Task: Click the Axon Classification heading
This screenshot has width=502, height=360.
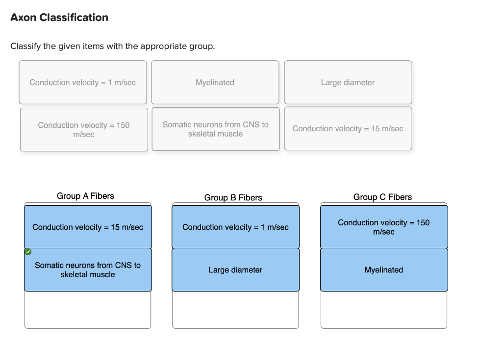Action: tap(59, 17)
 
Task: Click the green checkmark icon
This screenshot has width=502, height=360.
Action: tap(28, 252)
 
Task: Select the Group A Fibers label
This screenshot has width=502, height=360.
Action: tap(85, 196)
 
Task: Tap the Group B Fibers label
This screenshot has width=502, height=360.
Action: tap(233, 197)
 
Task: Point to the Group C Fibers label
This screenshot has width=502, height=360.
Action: tap(382, 197)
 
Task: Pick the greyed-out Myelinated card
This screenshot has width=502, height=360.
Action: tap(215, 82)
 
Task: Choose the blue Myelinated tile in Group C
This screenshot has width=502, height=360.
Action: tap(384, 270)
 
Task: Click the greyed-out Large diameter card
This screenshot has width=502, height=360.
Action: tap(348, 82)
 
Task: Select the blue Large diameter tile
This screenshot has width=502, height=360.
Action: tap(236, 270)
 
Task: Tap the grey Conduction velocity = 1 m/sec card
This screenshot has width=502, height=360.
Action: tap(83, 82)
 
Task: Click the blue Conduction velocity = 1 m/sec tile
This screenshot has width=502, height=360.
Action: tap(236, 227)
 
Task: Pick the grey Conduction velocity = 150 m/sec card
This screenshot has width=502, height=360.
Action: tap(84, 129)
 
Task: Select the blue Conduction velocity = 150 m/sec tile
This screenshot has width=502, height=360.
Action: tap(384, 227)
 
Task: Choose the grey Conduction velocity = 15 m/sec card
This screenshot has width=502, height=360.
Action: tap(348, 128)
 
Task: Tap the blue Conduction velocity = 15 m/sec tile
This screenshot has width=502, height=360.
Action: tap(88, 227)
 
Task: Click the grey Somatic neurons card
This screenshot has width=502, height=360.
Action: tap(216, 129)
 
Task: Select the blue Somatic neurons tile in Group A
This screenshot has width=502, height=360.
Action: tap(88, 270)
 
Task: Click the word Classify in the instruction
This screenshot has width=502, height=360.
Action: tap(25, 47)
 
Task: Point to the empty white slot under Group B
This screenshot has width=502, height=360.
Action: tap(236, 310)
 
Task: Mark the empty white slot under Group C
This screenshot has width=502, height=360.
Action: tap(384, 310)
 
